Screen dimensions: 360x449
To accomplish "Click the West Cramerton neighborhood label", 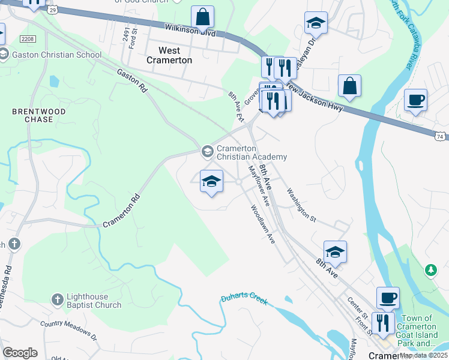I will click(170, 55).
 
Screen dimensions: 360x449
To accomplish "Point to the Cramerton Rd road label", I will click(121, 211).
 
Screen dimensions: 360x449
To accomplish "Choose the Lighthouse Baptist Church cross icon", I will click(57, 299).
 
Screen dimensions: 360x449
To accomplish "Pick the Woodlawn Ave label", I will click(262, 225).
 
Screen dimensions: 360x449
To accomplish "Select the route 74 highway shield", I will click(441, 137).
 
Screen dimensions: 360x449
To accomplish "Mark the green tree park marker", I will click(430, 271).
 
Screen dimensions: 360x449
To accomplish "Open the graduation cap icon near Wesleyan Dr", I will click(316, 23).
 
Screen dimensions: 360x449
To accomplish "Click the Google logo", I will click(20, 353).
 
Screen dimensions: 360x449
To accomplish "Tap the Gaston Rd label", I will click(132, 79).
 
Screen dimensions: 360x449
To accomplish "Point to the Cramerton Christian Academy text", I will click(252, 153).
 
